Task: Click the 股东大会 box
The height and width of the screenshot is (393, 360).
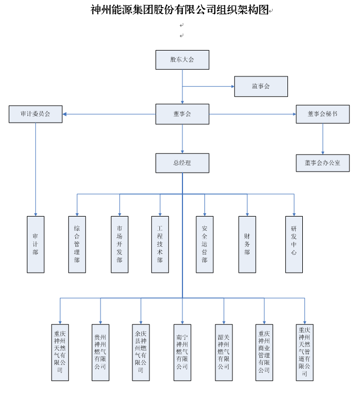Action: [x=182, y=59]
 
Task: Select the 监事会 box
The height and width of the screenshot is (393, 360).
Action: [x=261, y=86]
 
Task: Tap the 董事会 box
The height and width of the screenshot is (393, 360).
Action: [x=182, y=114]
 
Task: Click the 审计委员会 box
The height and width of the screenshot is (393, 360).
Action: [x=35, y=114]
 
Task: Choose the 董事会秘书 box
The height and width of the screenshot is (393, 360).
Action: [x=323, y=114]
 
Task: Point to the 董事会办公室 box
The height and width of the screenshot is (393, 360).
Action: [x=323, y=163]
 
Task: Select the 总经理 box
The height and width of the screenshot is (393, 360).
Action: [x=182, y=163]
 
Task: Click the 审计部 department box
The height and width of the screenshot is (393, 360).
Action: [x=35, y=244]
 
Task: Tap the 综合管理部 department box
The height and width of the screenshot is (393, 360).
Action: [x=76, y=244]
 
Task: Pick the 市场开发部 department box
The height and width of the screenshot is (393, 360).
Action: [x=119, y=244]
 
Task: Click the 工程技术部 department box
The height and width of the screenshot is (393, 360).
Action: [x=160, y=244]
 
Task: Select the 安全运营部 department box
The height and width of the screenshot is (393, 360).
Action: [x=204, y=244]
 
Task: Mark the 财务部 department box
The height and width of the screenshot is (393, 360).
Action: [x=247, y=244]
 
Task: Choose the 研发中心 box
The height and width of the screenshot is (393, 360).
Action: [x=293, y=244]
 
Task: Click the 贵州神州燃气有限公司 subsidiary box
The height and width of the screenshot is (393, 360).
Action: [x=100, y=352]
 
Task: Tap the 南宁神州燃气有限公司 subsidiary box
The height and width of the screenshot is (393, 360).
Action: [x=182, y=352]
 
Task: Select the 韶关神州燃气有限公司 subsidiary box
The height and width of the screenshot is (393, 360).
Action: [x=224, y=352]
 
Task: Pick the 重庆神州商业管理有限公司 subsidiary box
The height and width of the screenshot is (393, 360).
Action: [x=264, y=352]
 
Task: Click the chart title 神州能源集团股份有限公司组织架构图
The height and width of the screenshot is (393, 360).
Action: [x=179, y=9]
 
